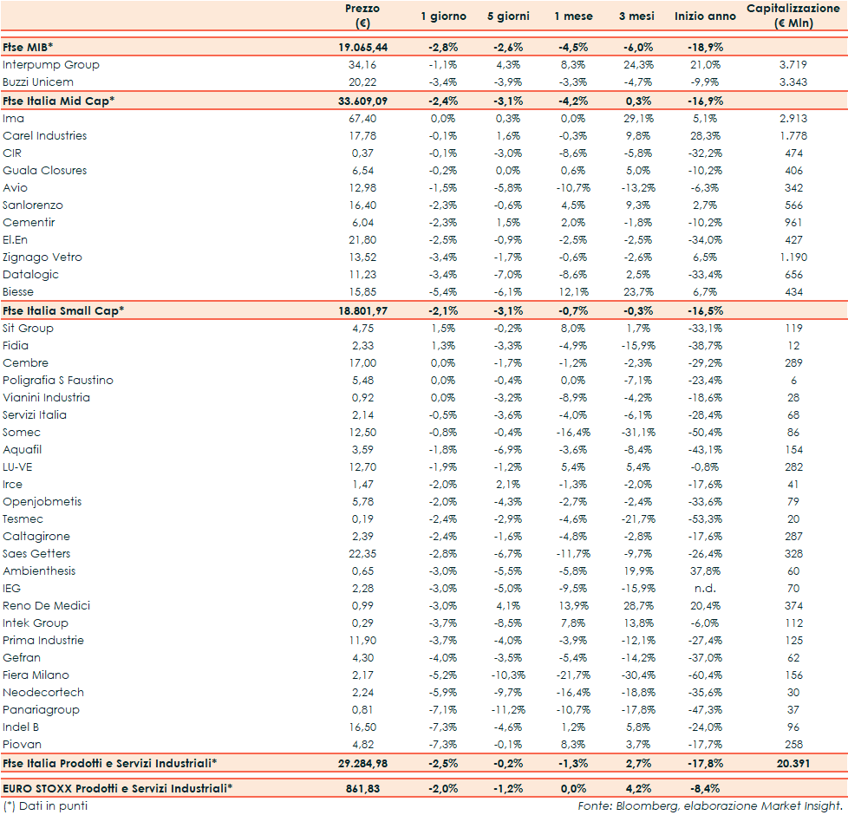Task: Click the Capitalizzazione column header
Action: [793, 16]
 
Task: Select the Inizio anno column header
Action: [705, 16]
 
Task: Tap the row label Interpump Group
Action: [51, 65]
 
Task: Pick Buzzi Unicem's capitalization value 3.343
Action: [793, 82]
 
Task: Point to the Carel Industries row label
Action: [45, 136]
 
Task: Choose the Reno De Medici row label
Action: [47, 606]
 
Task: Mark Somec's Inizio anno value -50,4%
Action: [704, 433]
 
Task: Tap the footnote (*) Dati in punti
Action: [45, 805]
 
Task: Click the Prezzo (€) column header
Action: [362, 16]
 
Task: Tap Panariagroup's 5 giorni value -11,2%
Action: [506, 710]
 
